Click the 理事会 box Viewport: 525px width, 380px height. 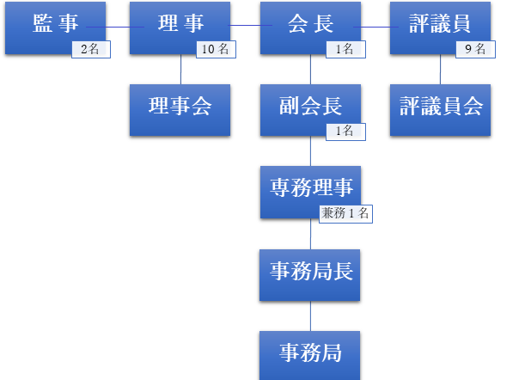pyautogui.click(x=180, y=107)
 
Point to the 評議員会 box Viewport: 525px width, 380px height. pyautogui.click(x=440, y=107)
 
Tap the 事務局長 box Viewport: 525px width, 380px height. pyautogui.click(x=310, y=272)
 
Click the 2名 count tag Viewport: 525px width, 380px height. pyautogui.click(x=90, y=50)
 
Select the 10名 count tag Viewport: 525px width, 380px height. pyautogui.click(x=216, y=50)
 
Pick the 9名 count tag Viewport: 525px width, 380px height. pyautogui.click(x=474, y=50)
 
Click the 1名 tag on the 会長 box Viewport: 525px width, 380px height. pyautogui.click(x=345, y=50)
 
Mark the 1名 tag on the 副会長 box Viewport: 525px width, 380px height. pyautogui.click(x=345, y=132)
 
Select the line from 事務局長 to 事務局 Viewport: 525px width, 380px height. pyautogui.click(x=310, y=314)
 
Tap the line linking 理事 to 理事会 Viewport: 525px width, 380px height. pyautogui.click(x=181, y=69)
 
